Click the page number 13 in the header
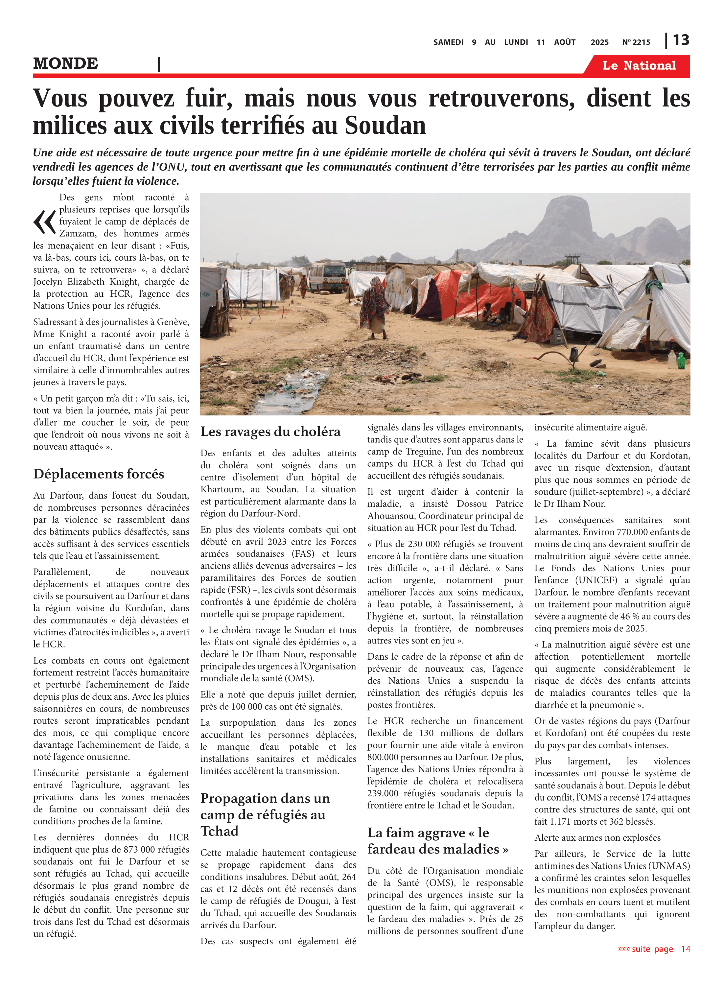pyautogui.click(x=681, y=40)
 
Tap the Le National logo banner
pyautogui.click(x=639, y=66)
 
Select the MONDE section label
pyautogui.click(x=66, y=64)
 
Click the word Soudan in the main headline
pyautogui.click(x=385, y=126)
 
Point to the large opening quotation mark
pyautogui.click(x=44, y=222)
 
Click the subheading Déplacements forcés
pyautogui.click(x=99, y=474)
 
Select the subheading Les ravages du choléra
pyautogui.click(x=270, y=432)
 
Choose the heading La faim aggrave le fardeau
pyautogui.click(x=438, y=841)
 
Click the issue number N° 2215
pyautogui.click(x=636, y=42)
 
